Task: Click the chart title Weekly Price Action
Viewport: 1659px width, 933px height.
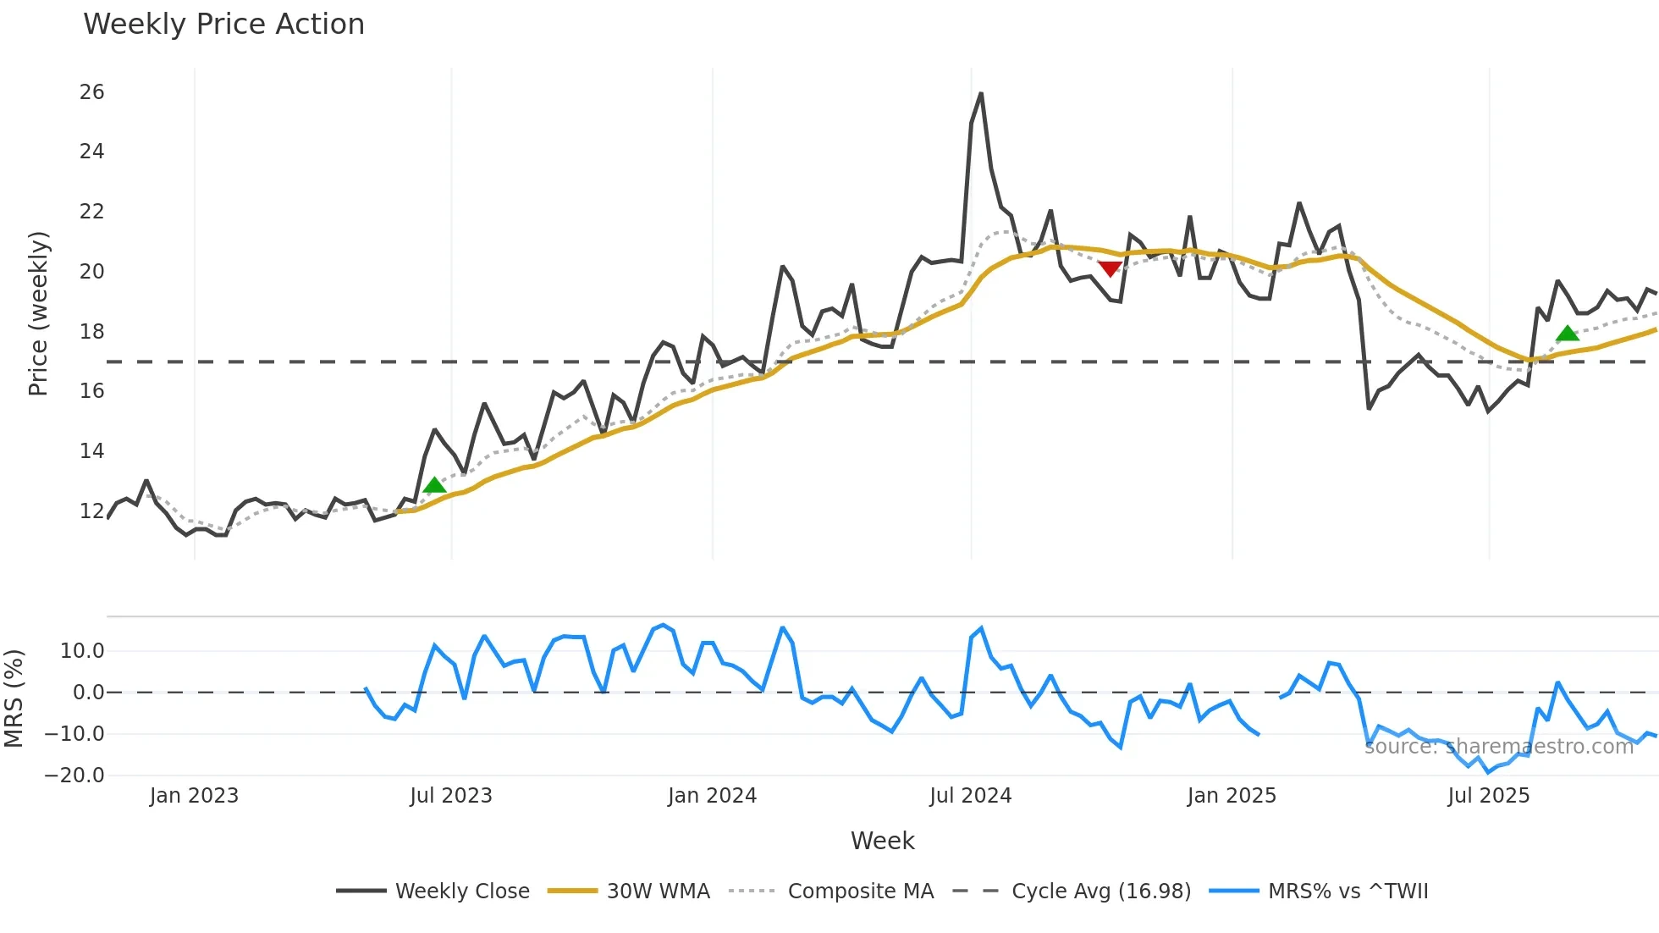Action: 223,25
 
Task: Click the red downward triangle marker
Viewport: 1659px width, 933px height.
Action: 1110,269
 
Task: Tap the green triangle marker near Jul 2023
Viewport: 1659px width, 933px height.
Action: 434,485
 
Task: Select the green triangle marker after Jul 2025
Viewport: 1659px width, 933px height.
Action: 1568,334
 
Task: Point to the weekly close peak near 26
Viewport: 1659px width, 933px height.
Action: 981,94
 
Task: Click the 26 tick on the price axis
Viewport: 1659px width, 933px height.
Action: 91,92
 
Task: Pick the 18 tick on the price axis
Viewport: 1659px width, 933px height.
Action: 91,332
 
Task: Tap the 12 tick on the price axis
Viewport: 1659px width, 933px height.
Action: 91,511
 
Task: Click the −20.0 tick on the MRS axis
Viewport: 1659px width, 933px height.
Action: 74,776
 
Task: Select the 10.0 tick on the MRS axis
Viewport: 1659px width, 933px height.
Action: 82,651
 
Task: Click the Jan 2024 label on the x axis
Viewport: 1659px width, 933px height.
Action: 712,796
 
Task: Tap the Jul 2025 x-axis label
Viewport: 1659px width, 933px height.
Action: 1488,796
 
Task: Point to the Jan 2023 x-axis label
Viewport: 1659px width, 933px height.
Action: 194,796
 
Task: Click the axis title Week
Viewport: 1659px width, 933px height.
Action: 882,841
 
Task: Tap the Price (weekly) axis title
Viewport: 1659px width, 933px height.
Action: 38,313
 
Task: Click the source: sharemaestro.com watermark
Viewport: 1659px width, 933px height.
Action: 1498,747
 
